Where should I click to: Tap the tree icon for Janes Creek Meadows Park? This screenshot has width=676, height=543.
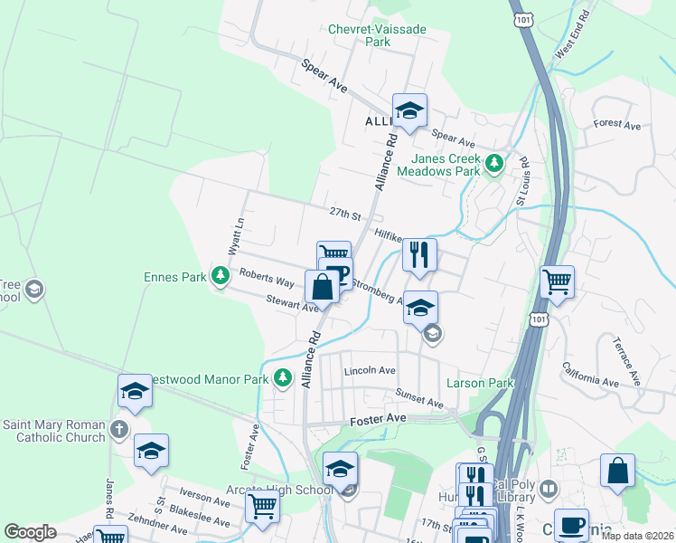[x=493, y=164]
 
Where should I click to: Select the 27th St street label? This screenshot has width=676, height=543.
[x=345, y=214]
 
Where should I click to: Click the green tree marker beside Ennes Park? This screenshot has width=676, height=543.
[x=220, y=276]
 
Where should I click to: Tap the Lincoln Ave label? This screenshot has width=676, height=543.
[x=370, y=371]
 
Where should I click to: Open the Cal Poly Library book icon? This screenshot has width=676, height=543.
[x=548, y=491]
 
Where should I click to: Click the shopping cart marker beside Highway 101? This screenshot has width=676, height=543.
[x=557, y=281]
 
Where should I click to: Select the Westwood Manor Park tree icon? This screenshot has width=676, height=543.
[x=282, y=377]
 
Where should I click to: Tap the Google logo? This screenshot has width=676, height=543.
[x=31, y=532]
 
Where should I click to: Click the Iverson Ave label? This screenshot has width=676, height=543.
[x=205, y=499]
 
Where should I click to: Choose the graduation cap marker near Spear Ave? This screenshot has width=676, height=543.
[x=409, y=111]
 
